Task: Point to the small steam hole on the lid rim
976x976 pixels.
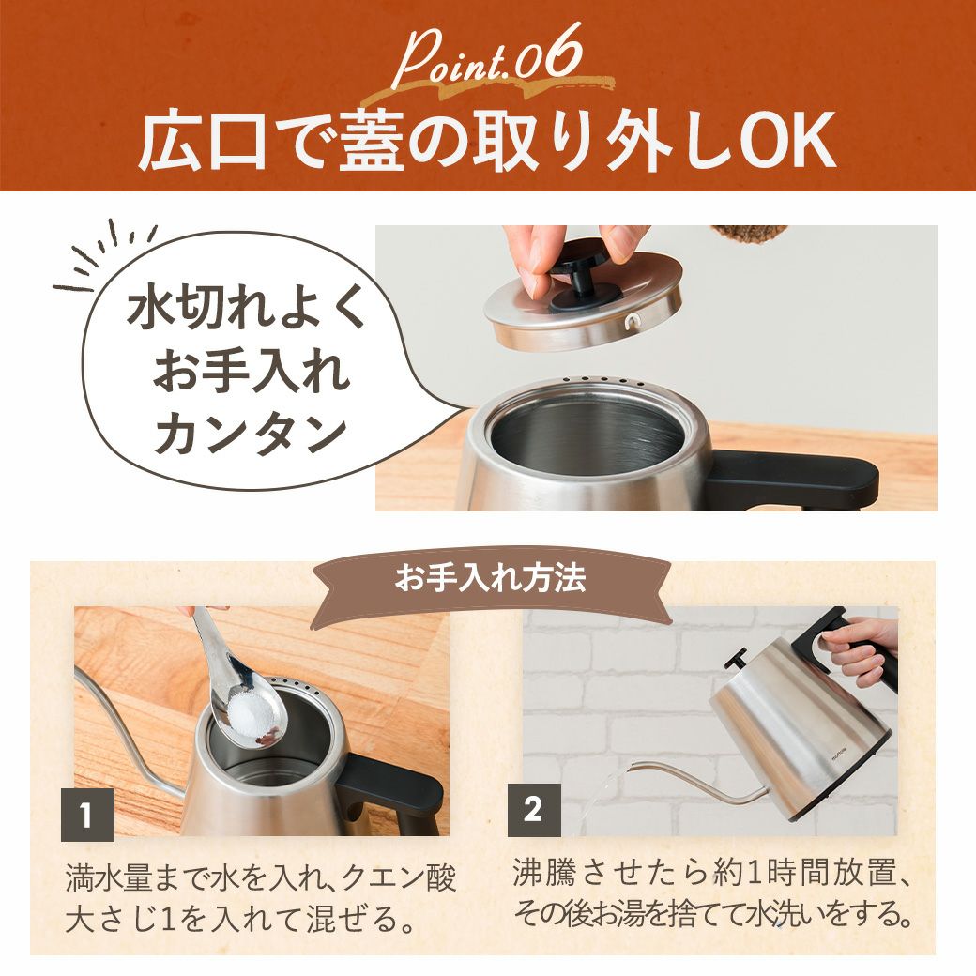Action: click(x=633, y=321)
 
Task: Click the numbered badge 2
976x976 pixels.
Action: click(x=533, y=810)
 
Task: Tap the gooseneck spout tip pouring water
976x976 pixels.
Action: click(x=635, y=766)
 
